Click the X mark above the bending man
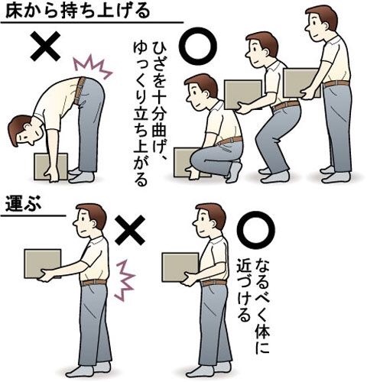tap(46, 46)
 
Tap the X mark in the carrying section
tap(130, 230)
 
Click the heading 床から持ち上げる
tap(77, 11)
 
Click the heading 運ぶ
tap(23, 203)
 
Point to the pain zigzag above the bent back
tap(93, 67)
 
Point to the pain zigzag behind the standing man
tap(124, 280)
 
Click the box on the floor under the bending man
tap(51, 167)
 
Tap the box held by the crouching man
tap(184, 162)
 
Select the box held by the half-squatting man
tap(242, 94)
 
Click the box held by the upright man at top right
tap(301, 83)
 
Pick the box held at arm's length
tap(43, 264)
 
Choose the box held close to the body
tap(180, 267)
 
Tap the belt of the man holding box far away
tap(93, 282)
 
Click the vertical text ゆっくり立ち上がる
tap(141, 114)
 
